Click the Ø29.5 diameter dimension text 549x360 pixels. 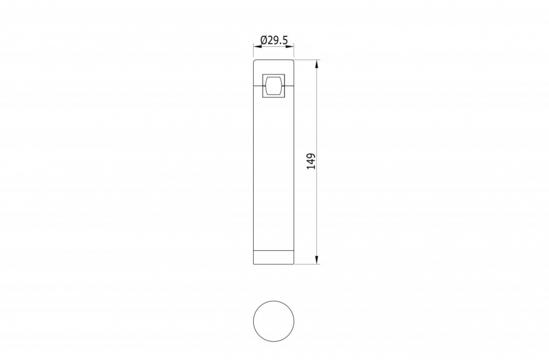274,40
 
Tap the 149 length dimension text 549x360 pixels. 311,161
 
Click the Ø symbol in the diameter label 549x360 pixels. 264,40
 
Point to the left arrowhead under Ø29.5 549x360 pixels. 256,46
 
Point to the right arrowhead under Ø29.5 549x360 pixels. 292,46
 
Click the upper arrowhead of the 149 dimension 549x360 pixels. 317,63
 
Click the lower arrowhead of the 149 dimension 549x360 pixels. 317,260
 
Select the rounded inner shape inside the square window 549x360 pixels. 273,86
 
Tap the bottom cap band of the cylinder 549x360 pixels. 274,257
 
